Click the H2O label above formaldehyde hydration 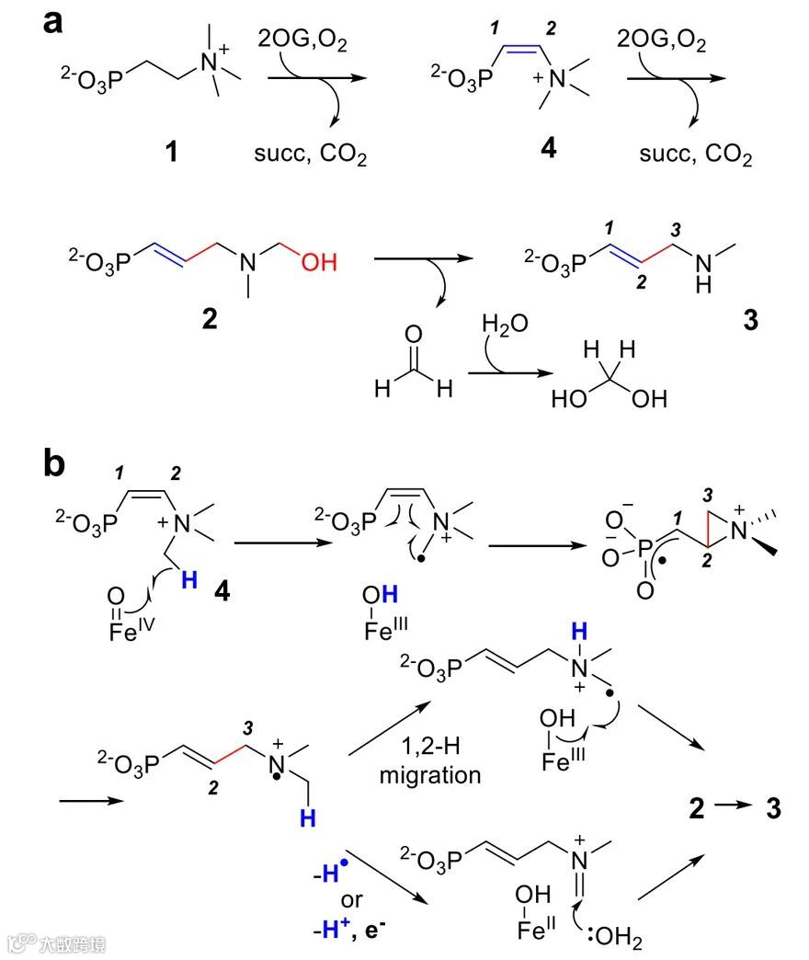(506, 325)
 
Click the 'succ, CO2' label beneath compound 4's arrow (696, 157)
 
